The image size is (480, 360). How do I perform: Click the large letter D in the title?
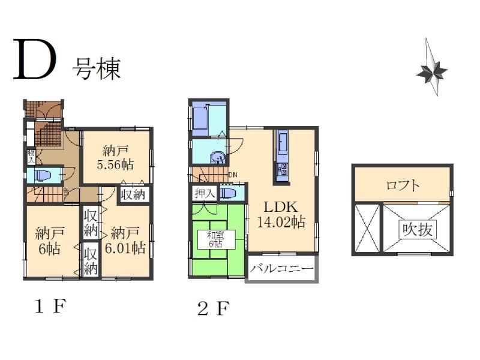(x=35, y=61)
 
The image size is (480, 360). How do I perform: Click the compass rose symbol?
(x=431, y=70)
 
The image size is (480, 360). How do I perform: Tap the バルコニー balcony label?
(x=281, y=269)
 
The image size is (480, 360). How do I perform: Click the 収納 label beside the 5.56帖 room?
(x=134, y=194)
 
